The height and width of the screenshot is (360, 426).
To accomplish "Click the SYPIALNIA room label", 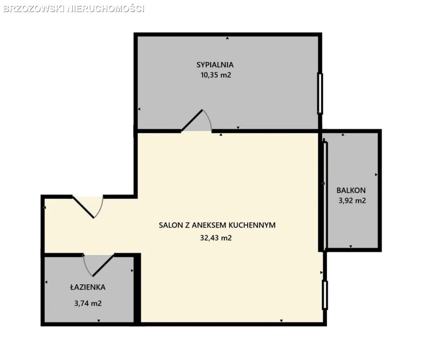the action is (x=215, y=65).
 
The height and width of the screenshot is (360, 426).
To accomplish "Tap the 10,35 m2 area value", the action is (x=216, y=75).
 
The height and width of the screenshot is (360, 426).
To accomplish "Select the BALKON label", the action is (x=351, y=190).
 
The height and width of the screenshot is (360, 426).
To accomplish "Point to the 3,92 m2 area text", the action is (x=352, y=201).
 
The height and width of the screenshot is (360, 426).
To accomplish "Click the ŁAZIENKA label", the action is (x=88, y=287).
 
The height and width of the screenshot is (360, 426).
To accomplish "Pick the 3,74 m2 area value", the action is (x=88, y=303).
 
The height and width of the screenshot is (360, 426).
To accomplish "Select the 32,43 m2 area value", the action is (x=216, y=238).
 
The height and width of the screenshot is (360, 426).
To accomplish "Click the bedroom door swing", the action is (x=196, y=121).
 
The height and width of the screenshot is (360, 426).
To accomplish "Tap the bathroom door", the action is (x=98, y=266).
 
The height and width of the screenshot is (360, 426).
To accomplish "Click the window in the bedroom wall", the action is (x=320, y=93).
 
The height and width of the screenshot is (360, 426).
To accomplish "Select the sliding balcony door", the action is (x=325, y=195).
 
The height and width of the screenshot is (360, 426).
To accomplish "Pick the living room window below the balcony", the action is (x=324, y=295).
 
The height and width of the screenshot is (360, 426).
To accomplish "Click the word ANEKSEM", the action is (x=209, y=225).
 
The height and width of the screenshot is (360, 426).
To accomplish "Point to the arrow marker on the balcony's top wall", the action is (x=343, y=134).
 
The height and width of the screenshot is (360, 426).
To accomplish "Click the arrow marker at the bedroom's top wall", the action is (x=228, y=38).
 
